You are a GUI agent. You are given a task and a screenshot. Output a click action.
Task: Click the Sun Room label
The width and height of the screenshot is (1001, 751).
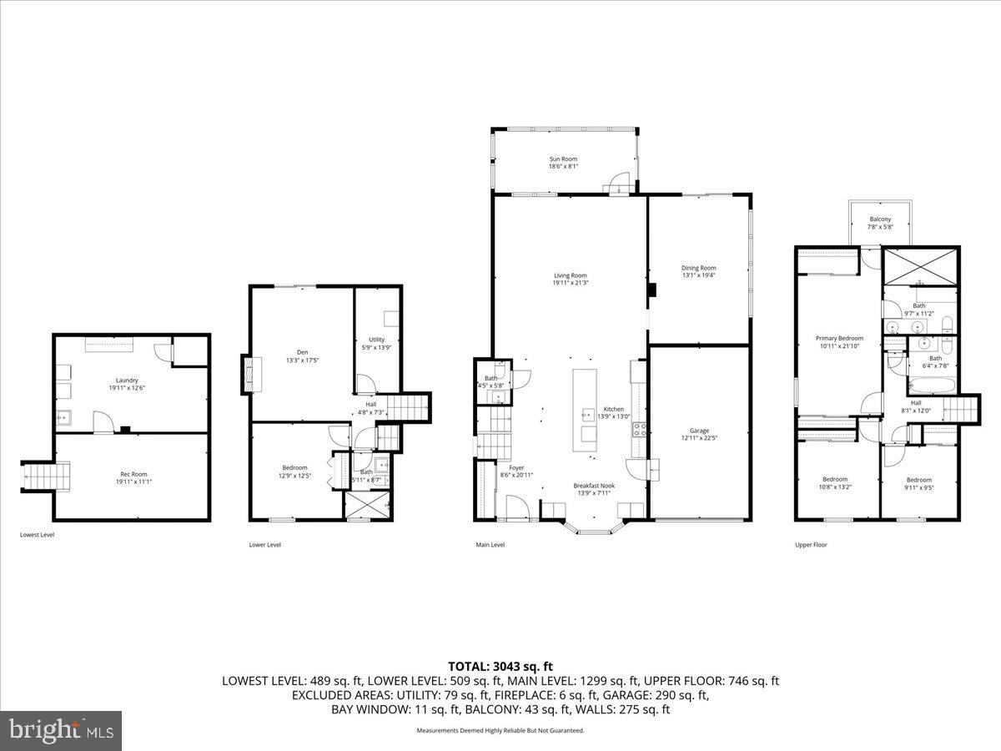pyautogui.click(x=563, y=159)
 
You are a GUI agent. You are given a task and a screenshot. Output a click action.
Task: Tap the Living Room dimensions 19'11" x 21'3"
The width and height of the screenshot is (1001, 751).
pyautogui.click(x=571, y=283)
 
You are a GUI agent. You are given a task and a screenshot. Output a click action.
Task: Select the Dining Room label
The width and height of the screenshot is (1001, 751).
pyautogui.click(x=699, y=268)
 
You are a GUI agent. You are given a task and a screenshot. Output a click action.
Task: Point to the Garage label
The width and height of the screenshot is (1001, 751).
pyautogui.click(x=699, y=431)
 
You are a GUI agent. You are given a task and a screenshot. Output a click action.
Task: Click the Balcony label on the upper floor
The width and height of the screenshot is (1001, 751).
pyautogui.click(x=880, y=219)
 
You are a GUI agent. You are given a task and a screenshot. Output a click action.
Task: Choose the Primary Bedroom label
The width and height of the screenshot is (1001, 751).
pyautogui.click(x=839, y=338)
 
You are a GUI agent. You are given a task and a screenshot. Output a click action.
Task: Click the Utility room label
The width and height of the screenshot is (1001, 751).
pyautogui.click(x=376, y=340)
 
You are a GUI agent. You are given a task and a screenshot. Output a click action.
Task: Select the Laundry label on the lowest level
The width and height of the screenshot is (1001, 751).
pyautogui.click(x=127, y=380)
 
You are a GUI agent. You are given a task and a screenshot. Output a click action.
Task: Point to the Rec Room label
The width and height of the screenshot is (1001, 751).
pyautogui.click(x=133, y=474)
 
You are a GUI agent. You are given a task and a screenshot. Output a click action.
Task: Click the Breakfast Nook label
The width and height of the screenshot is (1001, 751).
pyautogui.click(x=594, y=485)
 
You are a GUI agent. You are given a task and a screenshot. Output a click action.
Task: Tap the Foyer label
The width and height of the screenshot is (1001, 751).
pyautogui.click(x=516, y=467)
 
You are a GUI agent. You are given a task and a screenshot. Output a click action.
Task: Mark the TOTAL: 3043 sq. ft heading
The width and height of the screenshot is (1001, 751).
pyautogui.click(x=500, y=666)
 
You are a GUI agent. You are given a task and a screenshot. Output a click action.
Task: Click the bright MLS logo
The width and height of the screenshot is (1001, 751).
pyautogui.click(x=61, y=731)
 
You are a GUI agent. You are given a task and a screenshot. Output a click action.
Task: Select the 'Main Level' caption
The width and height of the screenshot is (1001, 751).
pyautogui.click(x=490, y=545)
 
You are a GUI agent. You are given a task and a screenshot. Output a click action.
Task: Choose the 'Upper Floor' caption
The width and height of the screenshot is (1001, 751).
pyautogui.click(x=810, y=545)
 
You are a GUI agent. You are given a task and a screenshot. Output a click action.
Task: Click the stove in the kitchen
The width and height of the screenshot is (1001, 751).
pyautogui.click(x=641, y=430)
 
